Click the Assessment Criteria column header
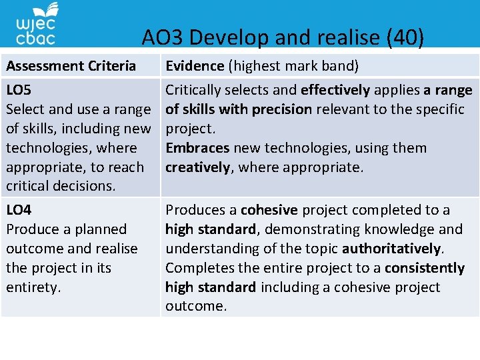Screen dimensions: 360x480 point(71,65)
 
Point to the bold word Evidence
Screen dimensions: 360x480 point(195,65)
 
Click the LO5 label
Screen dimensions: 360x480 point(19,89)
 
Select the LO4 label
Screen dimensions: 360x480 point(19,209)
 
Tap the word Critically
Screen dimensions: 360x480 point(196,89)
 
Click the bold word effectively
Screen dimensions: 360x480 point(335,89)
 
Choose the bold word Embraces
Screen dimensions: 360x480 point(196,147)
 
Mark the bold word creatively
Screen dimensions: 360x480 point(197,167)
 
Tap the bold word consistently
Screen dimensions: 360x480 point(424,268)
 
